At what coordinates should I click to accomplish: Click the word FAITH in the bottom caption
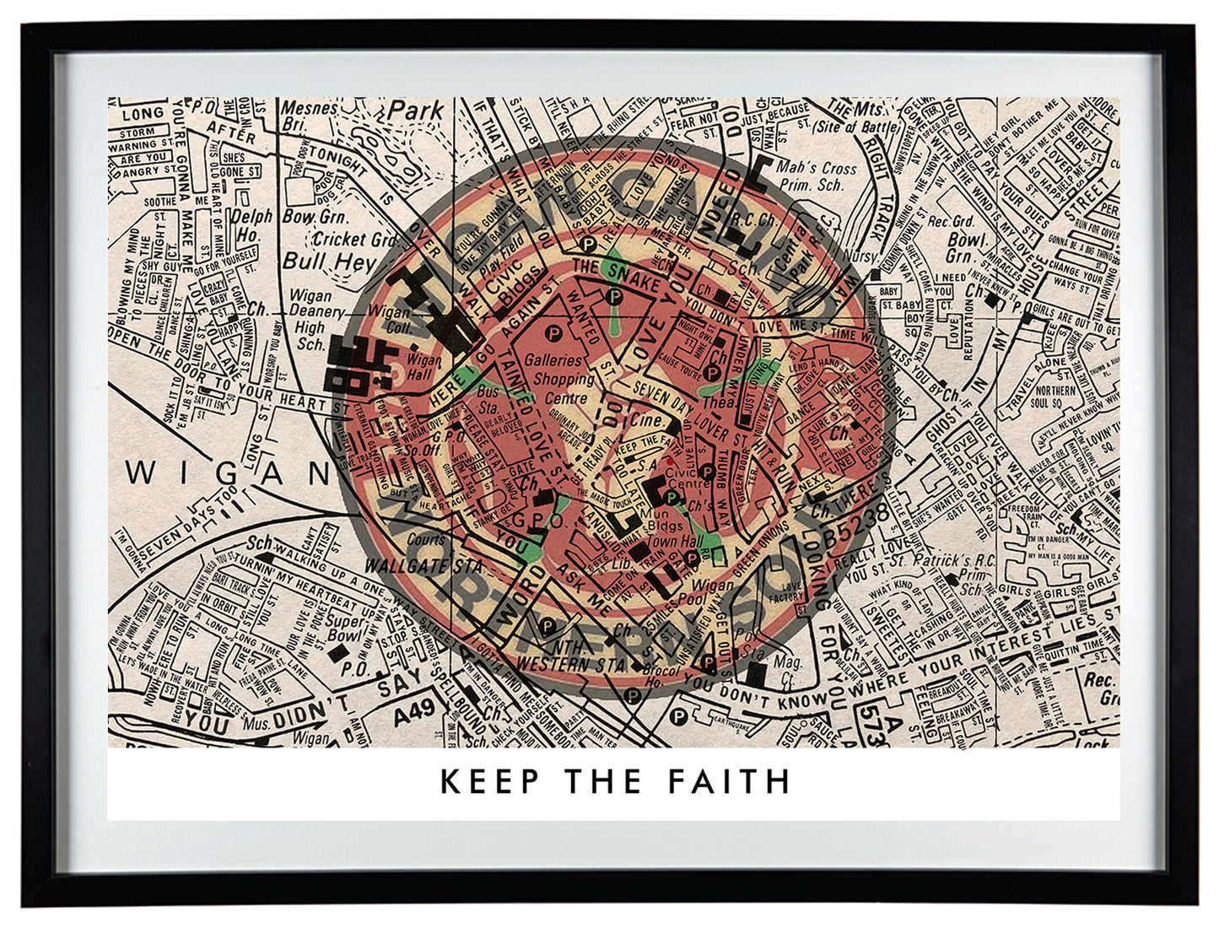(730, 781)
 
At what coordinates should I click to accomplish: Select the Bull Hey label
(328, 261)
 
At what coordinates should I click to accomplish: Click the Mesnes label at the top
(308, 108)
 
